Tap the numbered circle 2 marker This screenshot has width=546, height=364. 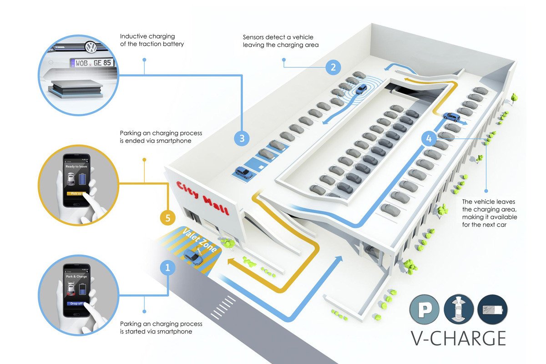[x=333, y=67]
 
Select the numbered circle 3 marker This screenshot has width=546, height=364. [x=242, y=138]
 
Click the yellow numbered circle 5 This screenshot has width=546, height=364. [x=168, y=218]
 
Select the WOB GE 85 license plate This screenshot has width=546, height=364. [x=91, y=63]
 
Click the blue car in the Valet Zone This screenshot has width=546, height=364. [x=195, y=258]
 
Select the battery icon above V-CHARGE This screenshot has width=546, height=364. [x=493, y=310]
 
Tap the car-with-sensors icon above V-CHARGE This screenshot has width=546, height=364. [x=459, y=309]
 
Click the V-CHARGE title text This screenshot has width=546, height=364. [x=458, y=339]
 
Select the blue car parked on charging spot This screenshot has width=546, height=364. [x=243, y=173]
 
